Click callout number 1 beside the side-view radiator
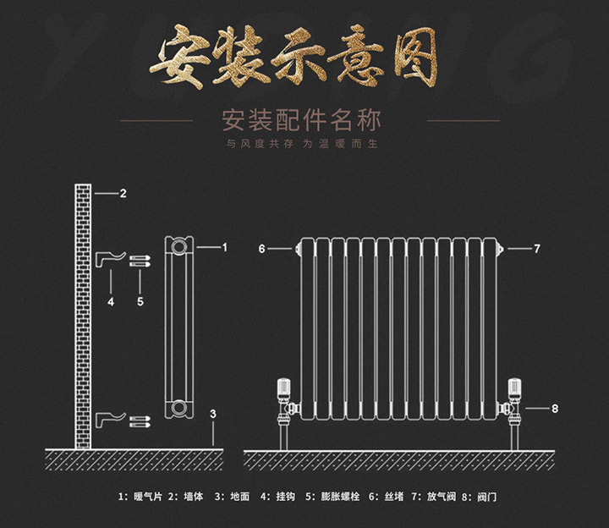(224, 247)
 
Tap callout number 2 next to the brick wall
(123, 193)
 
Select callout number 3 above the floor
(213, 414)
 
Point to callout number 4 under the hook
(111, 301)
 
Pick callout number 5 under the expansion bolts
(140, 301)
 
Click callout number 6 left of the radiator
(261, 249)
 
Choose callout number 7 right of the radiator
(537, 249)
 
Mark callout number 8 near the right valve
(555, 409)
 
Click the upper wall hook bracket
(111, 260)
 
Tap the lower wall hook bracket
(111, 420)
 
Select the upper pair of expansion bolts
(140, 261)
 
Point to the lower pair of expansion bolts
(140, 422)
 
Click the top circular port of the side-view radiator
(179, 247)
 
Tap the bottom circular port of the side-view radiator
(179, 408)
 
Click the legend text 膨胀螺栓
(340, 496)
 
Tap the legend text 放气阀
(442, 496)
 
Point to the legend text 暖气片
(148, 496)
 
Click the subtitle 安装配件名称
(301, 120)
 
